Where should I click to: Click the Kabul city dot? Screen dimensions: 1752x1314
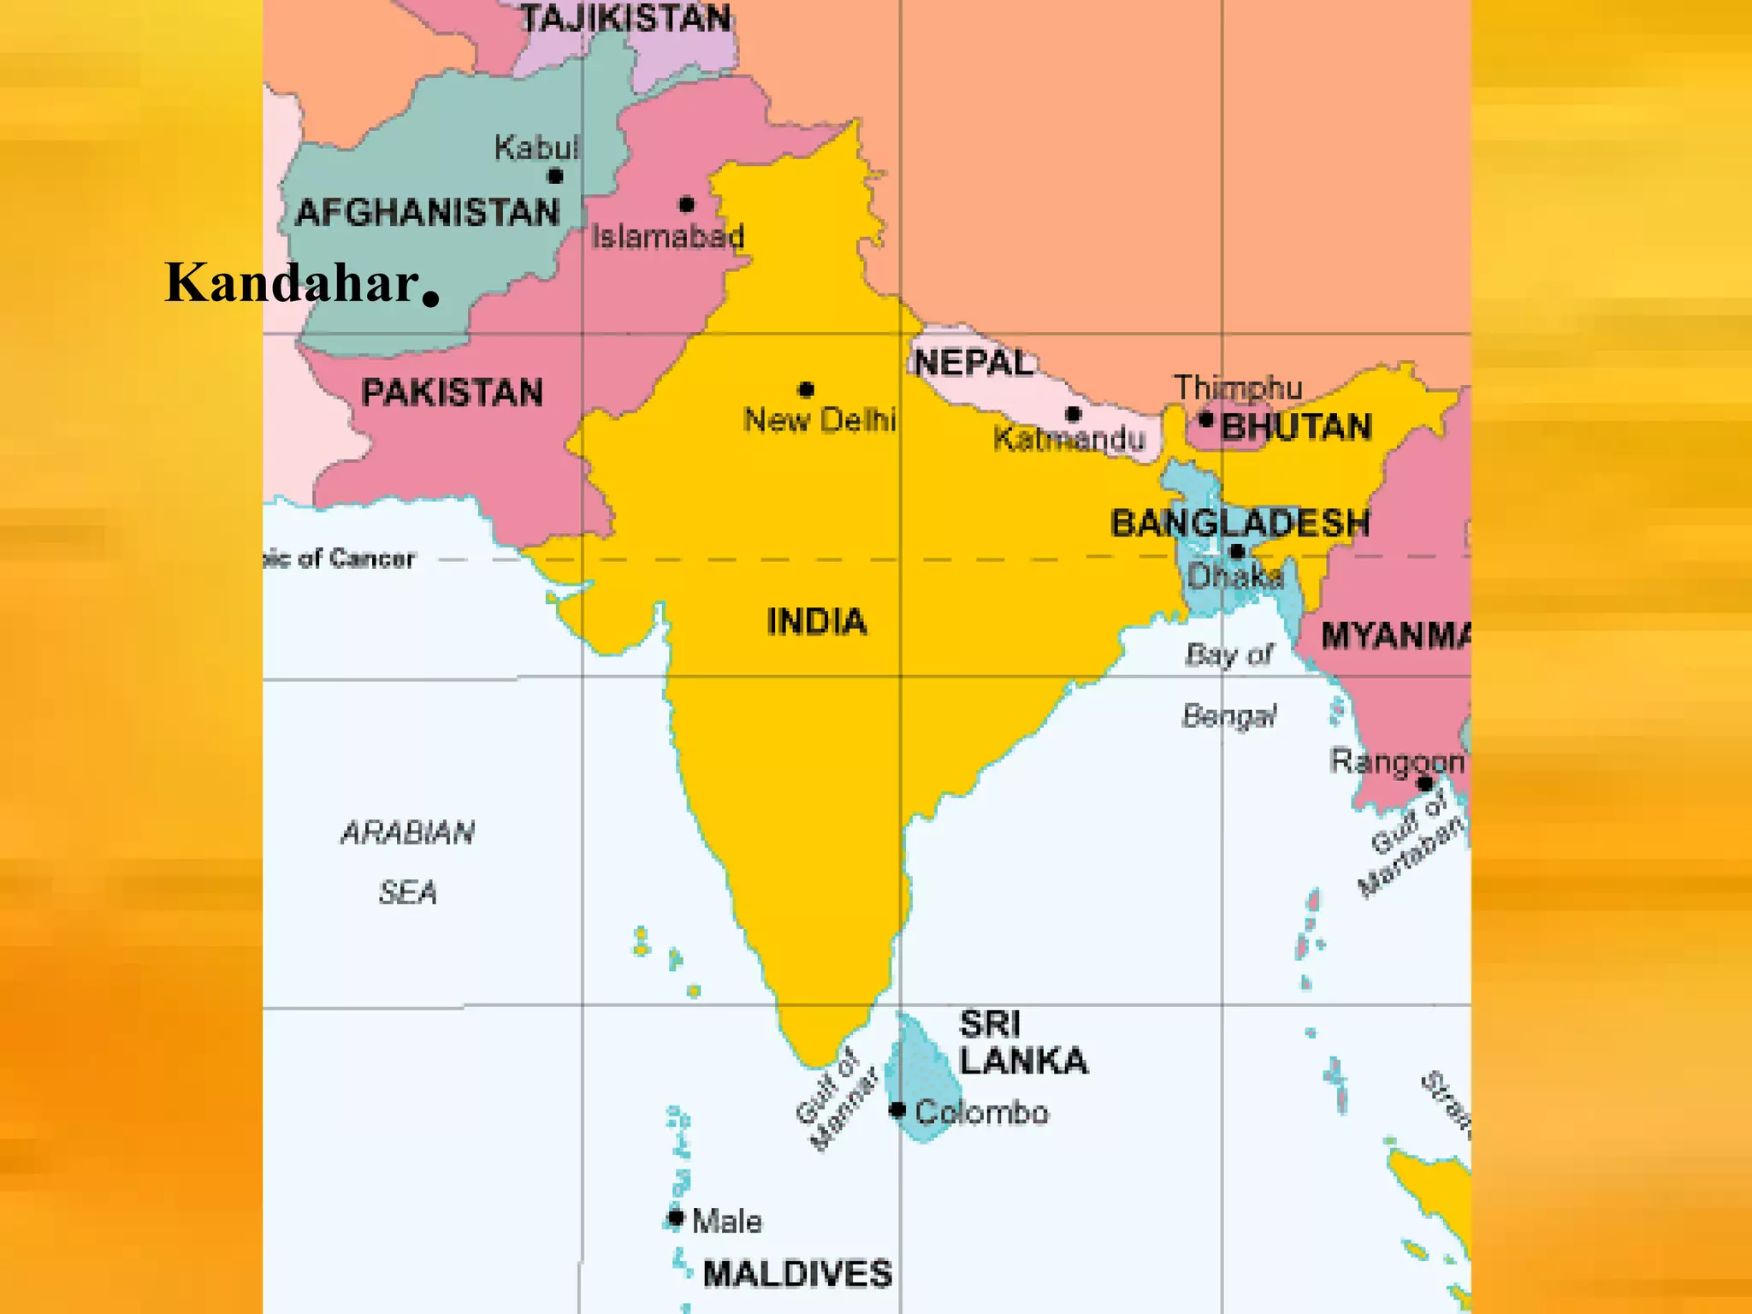(x=555, y=176)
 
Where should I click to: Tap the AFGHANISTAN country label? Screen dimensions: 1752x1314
(x=427, y=212)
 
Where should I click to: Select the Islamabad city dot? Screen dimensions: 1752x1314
(x=686, y=204)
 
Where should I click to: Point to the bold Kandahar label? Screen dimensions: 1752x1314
(x=291, y=282)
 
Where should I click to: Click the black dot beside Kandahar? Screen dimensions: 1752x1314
(x=430, y=299)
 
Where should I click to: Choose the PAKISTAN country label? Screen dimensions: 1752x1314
(x=452, y=393)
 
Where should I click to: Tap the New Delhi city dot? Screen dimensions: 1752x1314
(x=806, y=390)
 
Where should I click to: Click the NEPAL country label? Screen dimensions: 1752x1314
(x=974, y=363)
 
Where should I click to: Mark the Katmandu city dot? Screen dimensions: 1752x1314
(x=1073, y=414)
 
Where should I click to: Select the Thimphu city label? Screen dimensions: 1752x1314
(x=1237, y=388)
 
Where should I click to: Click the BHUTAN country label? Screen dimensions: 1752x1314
(x=1296, y=427)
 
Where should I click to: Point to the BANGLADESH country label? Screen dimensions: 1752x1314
(x=1240, y=523)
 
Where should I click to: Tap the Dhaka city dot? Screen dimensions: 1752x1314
(x=1236, y=551)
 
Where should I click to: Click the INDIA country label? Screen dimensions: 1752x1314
(x=816, y=621)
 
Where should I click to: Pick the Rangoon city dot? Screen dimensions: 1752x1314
(x=1424, y=784)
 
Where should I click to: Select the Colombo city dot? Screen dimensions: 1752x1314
(x=897, y=1110)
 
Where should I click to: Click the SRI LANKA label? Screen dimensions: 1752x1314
(x=1022, y=1043)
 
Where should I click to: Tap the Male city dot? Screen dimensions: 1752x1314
(x=676, y=1217)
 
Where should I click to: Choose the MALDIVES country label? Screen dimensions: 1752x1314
(x=797, y=1274)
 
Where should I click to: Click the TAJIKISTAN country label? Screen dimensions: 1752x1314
(x=625, y=18)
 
